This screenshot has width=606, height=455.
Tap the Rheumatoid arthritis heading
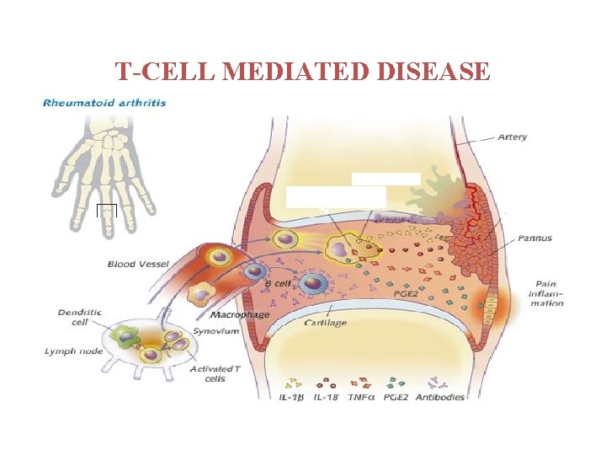coord(104,103)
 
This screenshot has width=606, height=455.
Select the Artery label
coord(513,136)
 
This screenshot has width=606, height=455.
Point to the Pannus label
coord(535,238)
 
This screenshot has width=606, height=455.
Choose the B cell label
coord(278,284)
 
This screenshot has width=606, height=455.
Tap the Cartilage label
coord(325,323)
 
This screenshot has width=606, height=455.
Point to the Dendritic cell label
coord(79,317)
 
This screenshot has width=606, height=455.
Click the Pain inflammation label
coord(546,293)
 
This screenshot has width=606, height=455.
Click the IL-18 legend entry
coord(327,397)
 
